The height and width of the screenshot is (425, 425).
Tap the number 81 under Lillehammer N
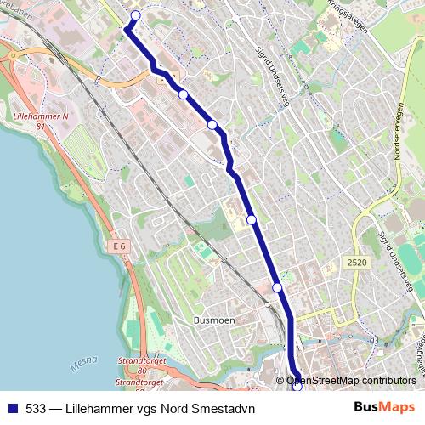pos(39,126)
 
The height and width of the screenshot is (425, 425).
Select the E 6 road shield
pos(119,246)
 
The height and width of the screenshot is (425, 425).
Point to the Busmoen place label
pos(213,320)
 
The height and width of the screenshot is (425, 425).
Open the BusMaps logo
pos(385,407)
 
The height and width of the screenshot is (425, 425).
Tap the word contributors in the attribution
pos(390,380)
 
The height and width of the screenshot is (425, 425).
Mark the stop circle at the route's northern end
pos(135,15)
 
